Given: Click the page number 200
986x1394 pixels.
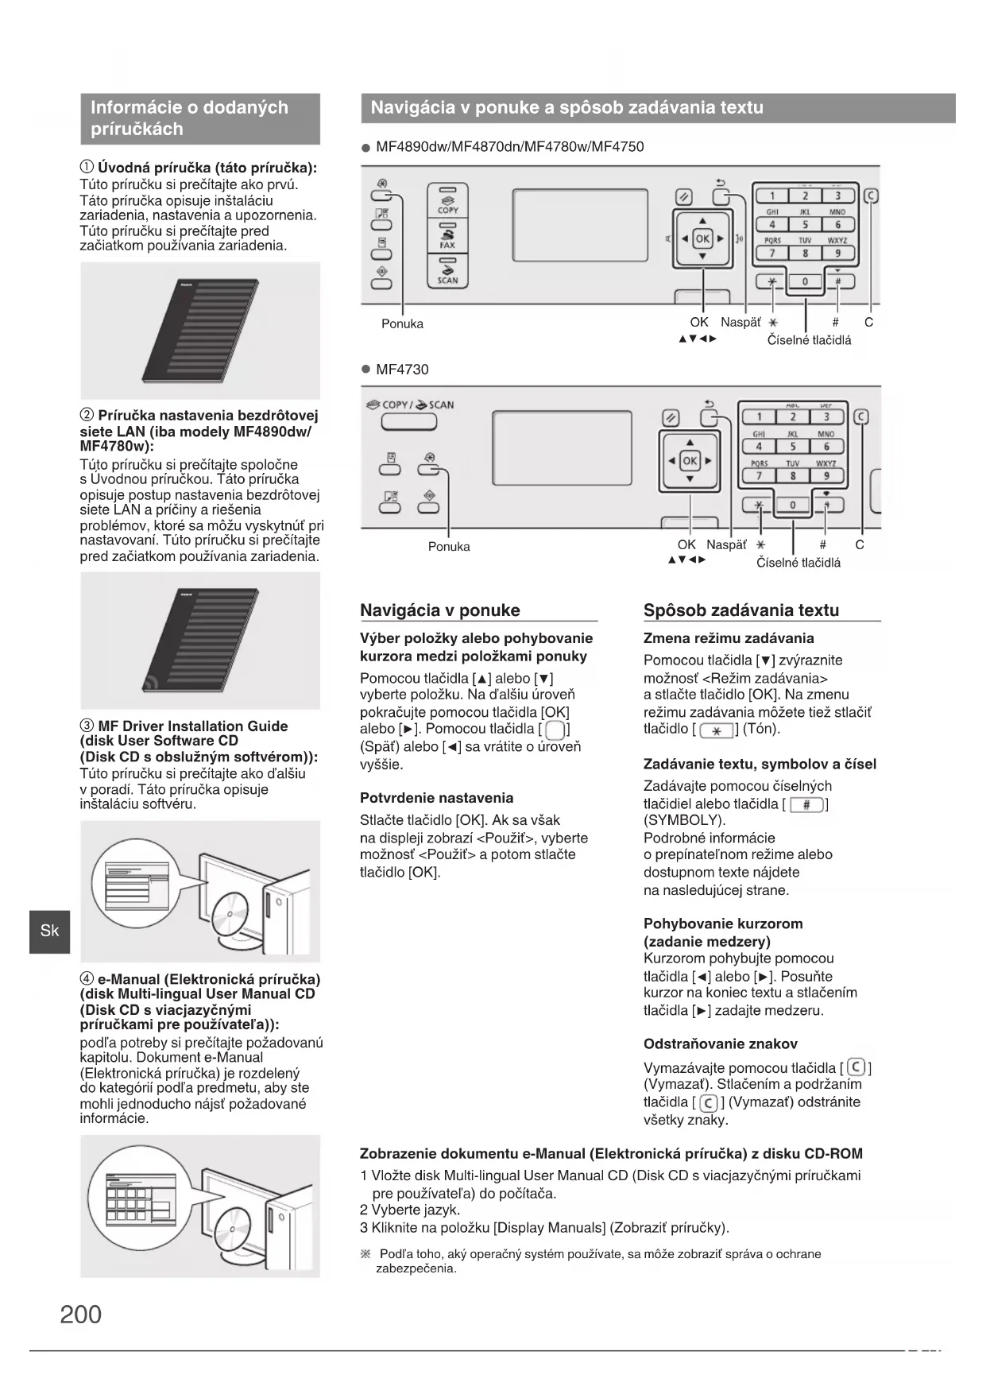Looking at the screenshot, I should (80, 1315).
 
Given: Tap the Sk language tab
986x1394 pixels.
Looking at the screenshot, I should (49, 931).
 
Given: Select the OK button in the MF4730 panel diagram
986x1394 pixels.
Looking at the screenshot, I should (690, 460).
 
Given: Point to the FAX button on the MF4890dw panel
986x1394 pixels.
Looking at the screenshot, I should (448, 236).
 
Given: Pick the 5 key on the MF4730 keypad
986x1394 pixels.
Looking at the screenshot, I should (792, 447).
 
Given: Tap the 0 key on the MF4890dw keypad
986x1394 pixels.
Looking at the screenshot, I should (805, 281).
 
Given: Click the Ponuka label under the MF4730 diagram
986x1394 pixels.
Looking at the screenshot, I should (449, 547).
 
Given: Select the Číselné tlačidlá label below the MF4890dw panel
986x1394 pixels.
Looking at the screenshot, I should (809, 340).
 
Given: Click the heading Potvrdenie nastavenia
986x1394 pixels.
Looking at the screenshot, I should (436, 798).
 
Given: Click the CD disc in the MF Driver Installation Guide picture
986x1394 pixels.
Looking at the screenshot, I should (231, 914).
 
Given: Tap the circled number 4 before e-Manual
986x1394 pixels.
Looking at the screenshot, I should (87, 979).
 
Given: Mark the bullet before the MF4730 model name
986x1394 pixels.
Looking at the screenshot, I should (365, 370).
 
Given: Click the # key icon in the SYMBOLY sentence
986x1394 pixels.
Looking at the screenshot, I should (806, 804).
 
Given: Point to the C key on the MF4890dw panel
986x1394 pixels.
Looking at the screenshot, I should (871, 196).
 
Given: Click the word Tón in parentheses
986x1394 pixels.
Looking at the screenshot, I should (760, 729).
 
